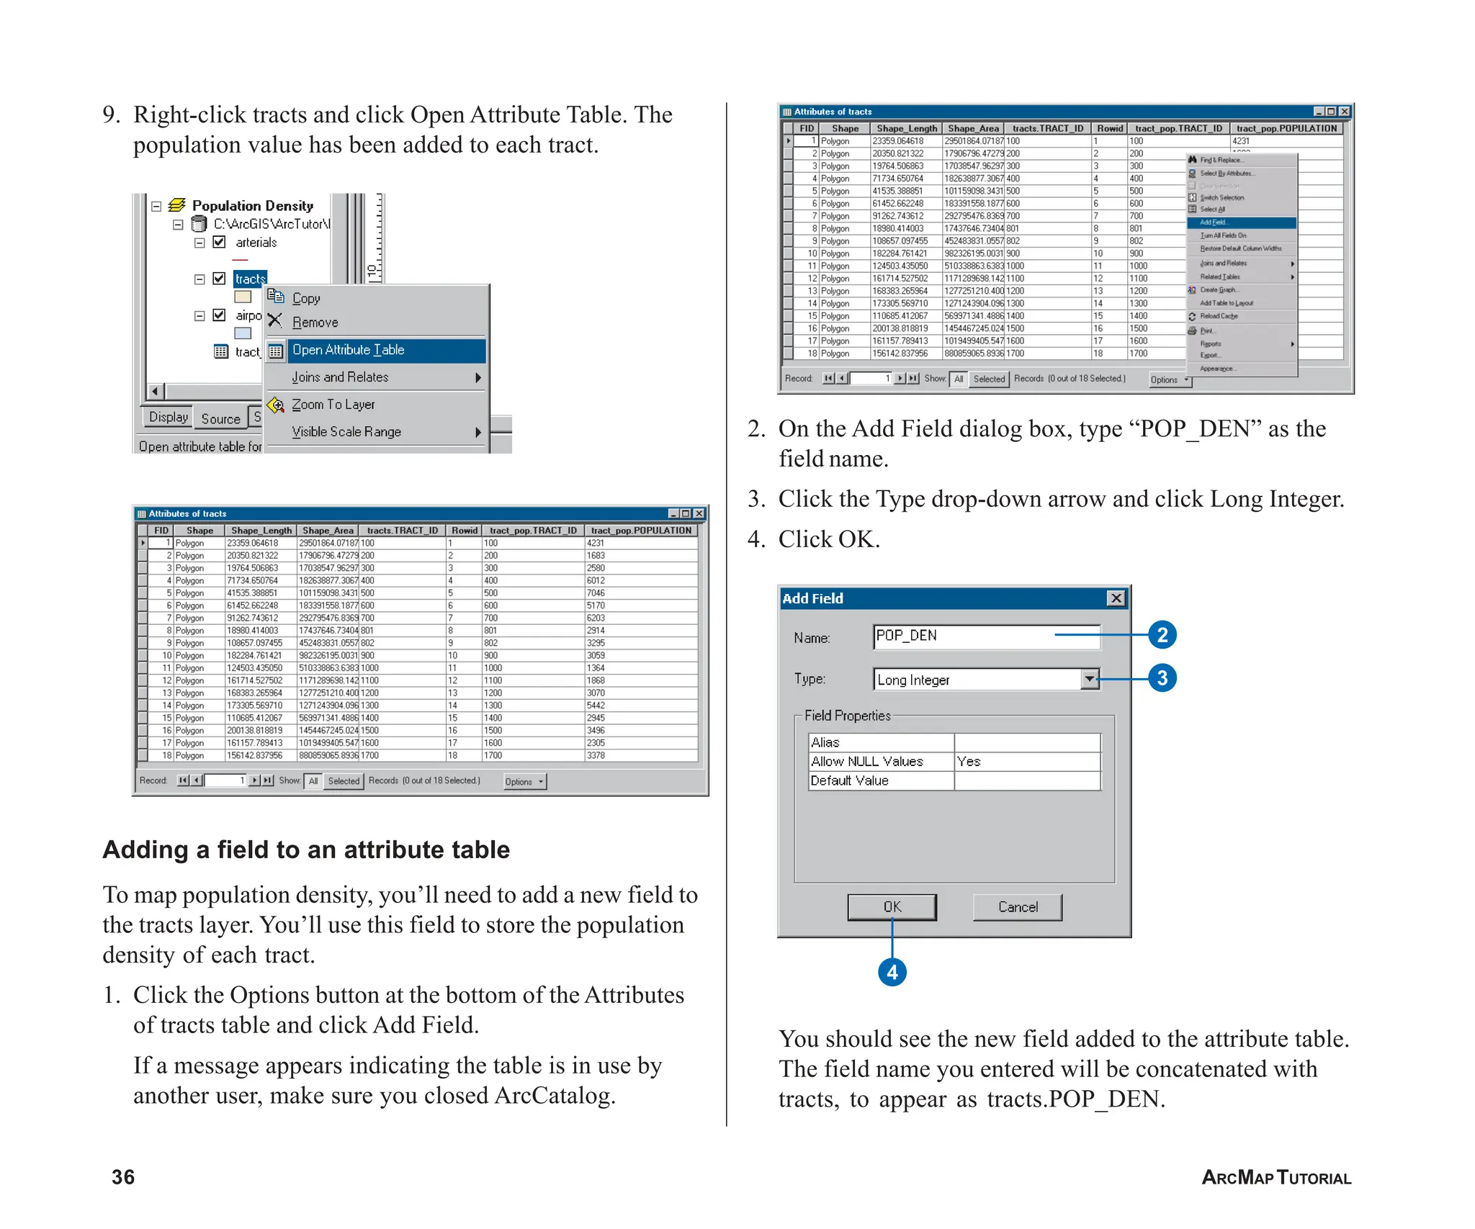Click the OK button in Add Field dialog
point(892,906)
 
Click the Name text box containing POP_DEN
point(985,636)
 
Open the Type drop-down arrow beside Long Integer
point(1090,679)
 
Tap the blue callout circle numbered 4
point(892,972)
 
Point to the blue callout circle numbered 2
point(1162,635)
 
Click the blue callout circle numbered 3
point(1162,678)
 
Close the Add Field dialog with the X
point(1116,598)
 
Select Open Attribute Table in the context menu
point(349,351)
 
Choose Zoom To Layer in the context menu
point(333,405)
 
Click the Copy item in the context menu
point(306,298)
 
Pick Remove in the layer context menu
point(315,323)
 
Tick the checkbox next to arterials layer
point(220,243)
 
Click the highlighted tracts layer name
point(250,279)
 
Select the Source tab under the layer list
point(220,418)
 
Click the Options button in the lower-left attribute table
point(524,782)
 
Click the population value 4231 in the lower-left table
point(596,544)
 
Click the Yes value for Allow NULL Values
point(969,762)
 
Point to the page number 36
point(123,1177)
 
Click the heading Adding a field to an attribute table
point(306,850)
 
